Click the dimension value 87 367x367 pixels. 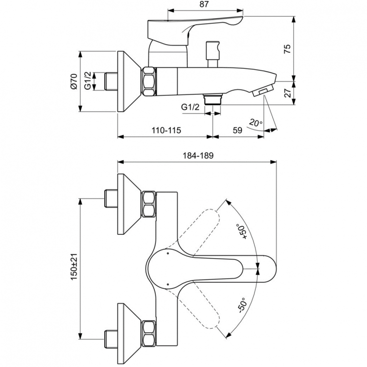pyautogui.click(x=206, y=4)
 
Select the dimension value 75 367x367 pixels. pyautogui.click(x=288, y=48)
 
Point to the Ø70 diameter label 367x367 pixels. pyautogui.click(x=74, y=81)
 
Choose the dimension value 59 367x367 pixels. pyautogui.click(x=237, y=131)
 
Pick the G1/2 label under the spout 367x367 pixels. pyautogui.click(x=190, y=107)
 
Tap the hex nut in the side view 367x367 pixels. pyautogui.click(x=149, y=81)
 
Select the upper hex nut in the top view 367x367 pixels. pyautogui.click(x=149, y=205)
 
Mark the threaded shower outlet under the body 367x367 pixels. pyautogui.click(x=213, y=99)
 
